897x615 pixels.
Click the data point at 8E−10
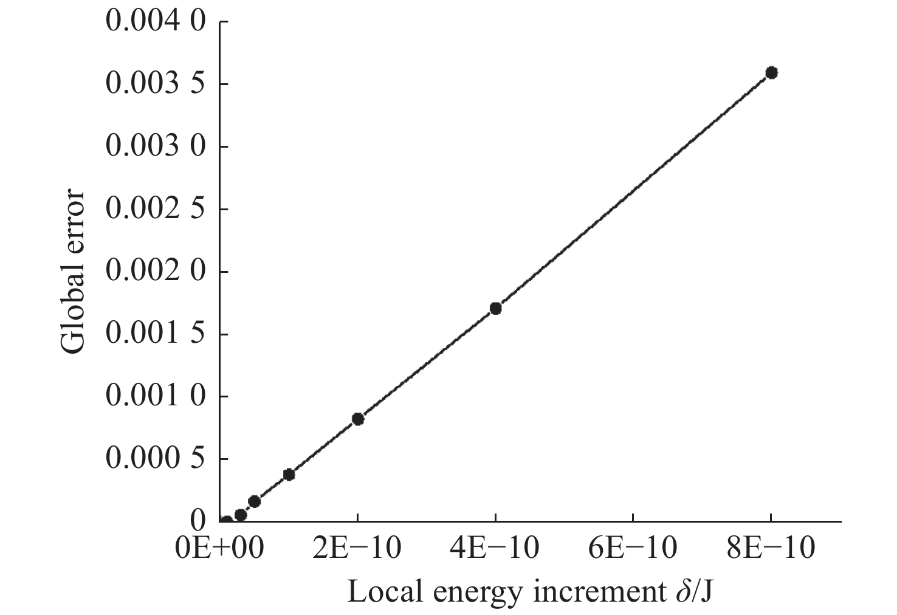click(771, 73)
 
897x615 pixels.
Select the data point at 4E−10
click(495, 309)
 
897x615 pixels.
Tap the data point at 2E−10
click(358, 419)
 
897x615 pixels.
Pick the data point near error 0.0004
click(289, 475)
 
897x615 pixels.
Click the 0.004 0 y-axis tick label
click(156, 22)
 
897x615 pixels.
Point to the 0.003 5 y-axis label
click(156, 84)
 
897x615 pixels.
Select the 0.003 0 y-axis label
click(156, 147)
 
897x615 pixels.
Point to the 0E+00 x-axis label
click(219, 549)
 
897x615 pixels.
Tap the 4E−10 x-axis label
click(496, 549)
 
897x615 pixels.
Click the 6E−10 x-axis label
click(634, 549)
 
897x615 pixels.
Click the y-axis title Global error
click(74, 272)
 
